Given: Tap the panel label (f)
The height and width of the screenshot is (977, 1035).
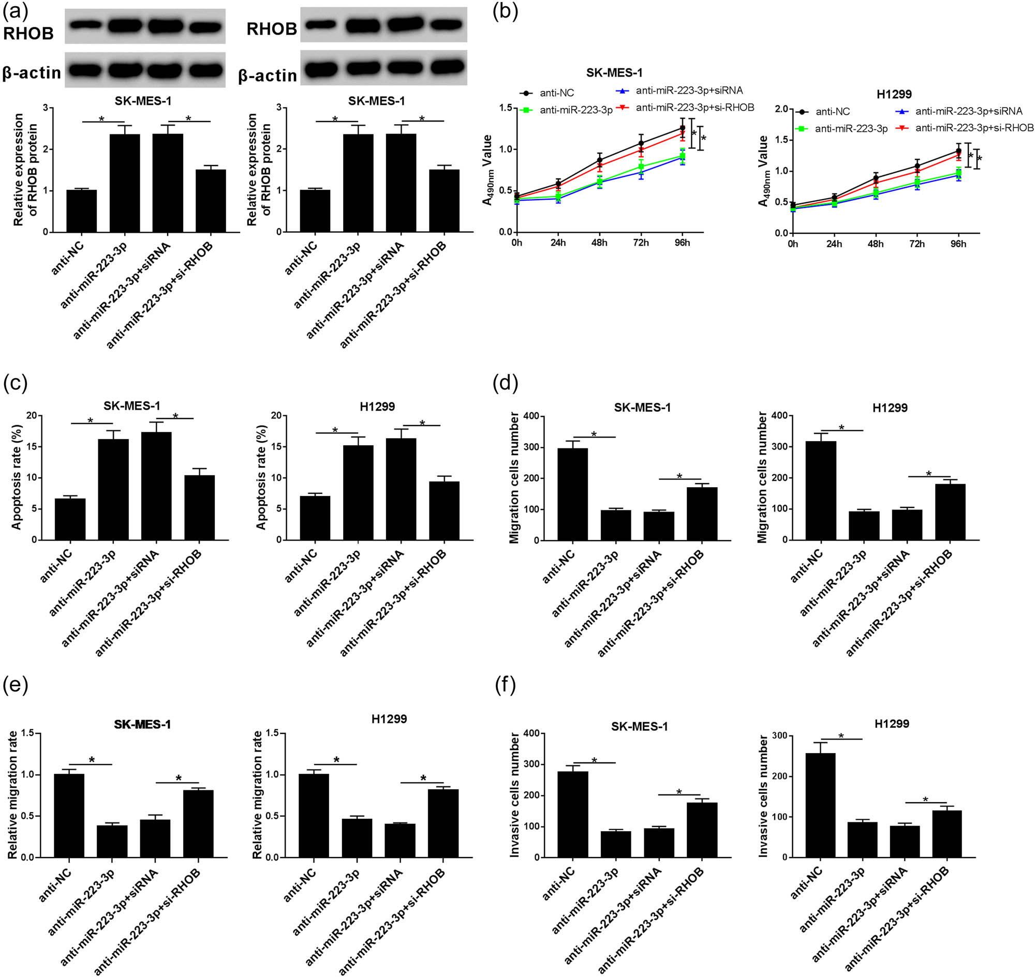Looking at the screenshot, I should [x=505, y=686].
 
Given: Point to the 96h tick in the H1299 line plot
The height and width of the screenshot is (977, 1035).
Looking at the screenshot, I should [x=958, y=244].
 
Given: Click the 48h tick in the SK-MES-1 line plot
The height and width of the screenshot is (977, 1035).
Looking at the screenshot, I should [x=599, y=243].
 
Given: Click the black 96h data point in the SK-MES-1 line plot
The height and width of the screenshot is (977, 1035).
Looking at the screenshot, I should [x=682, y=128].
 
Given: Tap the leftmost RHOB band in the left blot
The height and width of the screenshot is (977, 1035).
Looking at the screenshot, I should [x=85, y=24].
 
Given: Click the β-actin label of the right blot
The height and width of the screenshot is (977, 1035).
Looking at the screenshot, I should [x=268, y=76].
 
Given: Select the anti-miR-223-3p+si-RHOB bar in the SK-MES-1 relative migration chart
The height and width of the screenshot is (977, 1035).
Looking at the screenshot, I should [x=198, y=824].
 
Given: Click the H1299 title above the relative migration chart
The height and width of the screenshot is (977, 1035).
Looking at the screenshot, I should [x=389, y=719].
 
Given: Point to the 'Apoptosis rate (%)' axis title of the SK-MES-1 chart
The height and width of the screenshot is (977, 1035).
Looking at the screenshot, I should [x=16, y=477].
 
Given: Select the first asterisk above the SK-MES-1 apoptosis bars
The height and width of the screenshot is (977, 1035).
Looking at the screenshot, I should [x=91, y=420].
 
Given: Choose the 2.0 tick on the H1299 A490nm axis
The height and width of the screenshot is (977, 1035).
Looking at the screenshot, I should [x=781, y=109].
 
